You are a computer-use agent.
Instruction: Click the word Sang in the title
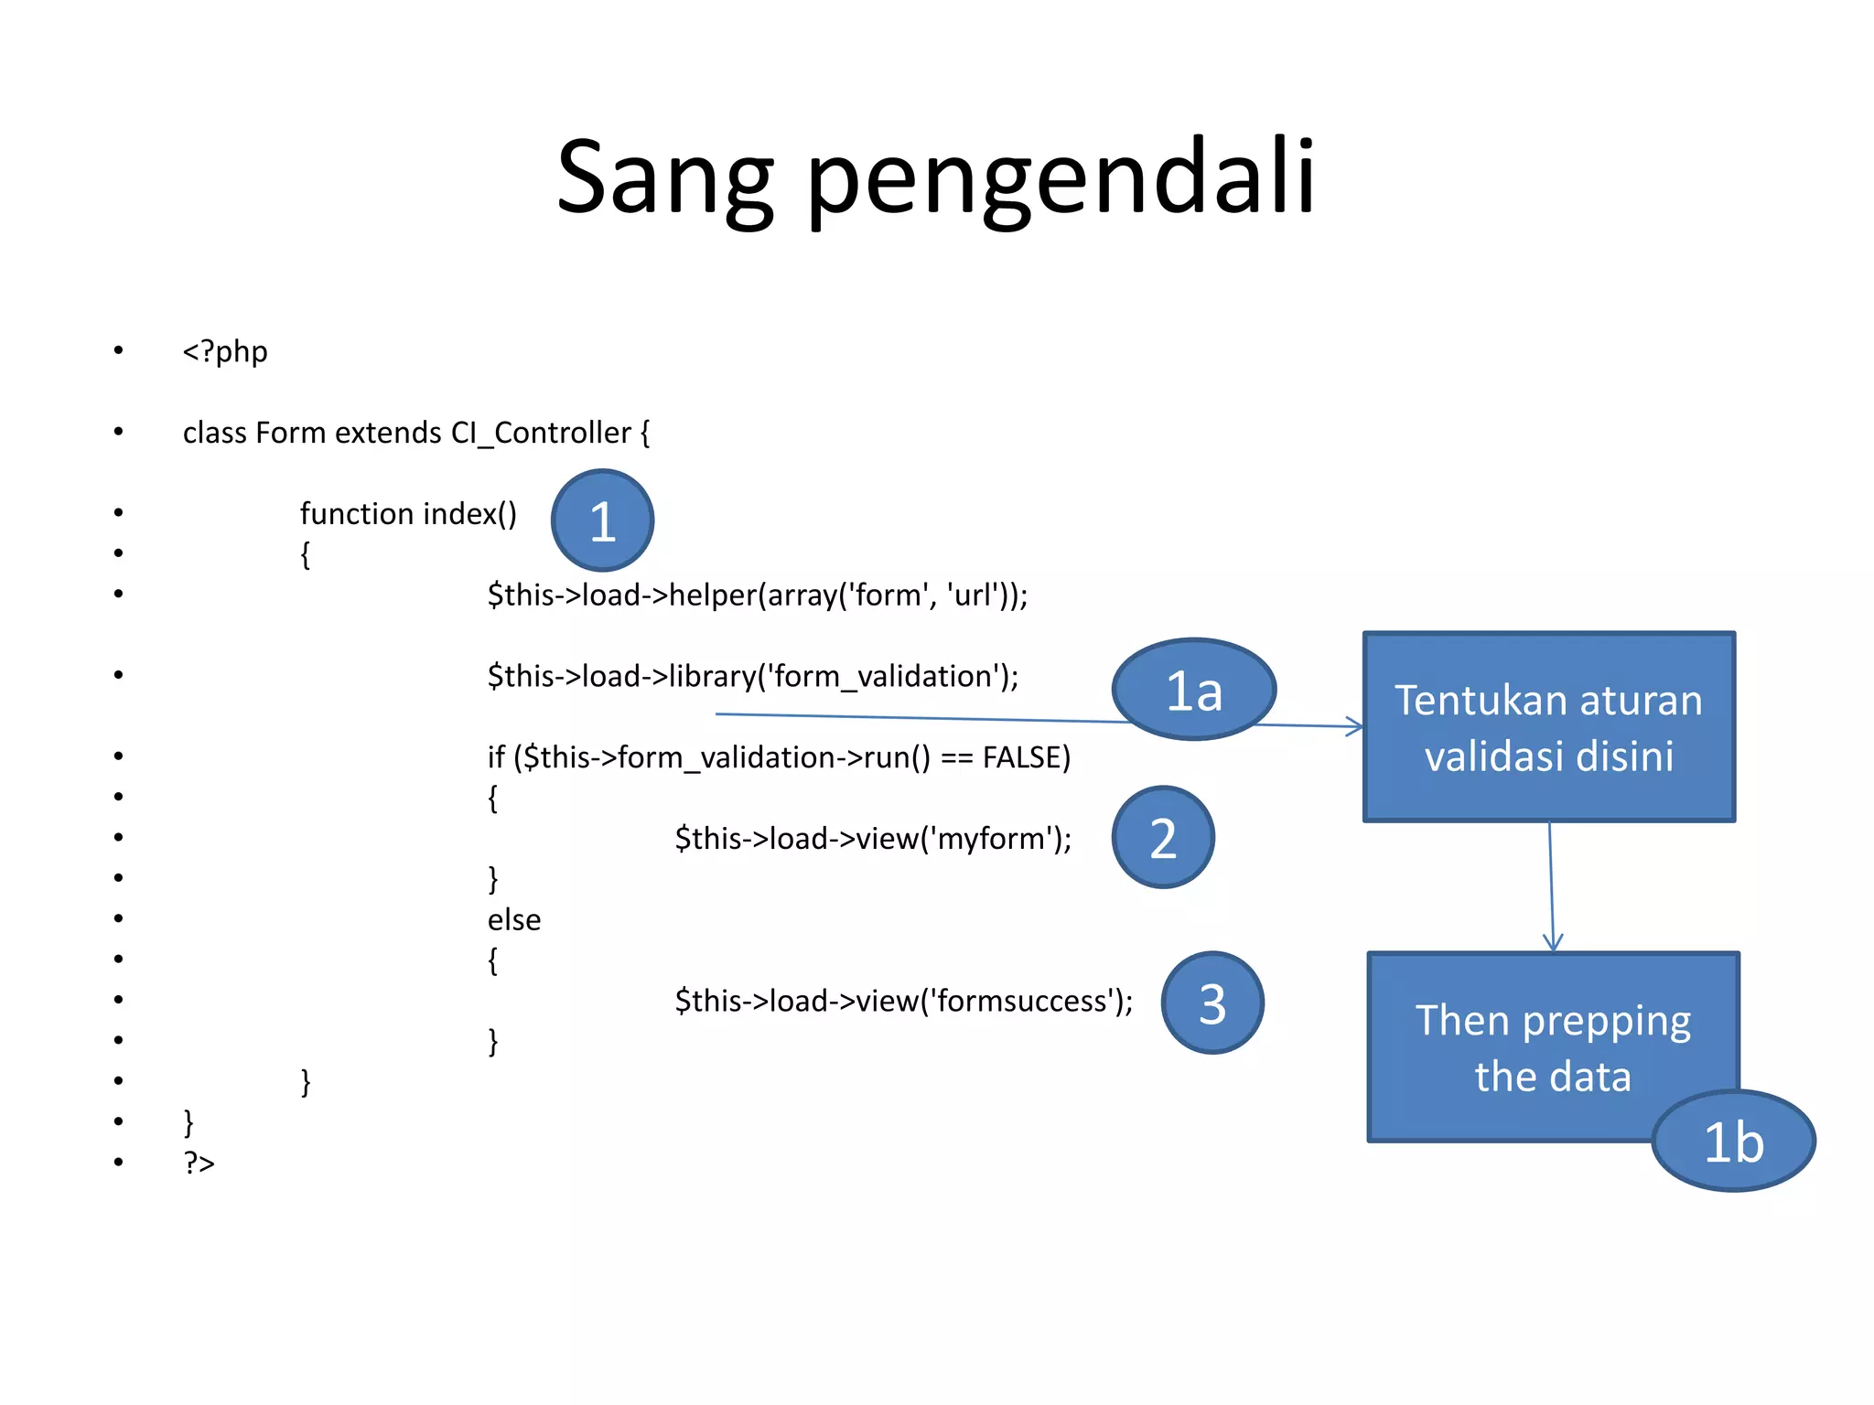(665, 178)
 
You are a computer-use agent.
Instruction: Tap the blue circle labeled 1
(602, 520)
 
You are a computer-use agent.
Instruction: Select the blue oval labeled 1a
(1193, 690)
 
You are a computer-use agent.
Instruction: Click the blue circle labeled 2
(1162, 837)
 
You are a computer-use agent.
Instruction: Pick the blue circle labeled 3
(1212, 1003)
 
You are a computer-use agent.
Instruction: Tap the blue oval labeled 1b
(1733, 1141)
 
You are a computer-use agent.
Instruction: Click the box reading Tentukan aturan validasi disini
(1548, 727)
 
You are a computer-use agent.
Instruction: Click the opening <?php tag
(225, 351)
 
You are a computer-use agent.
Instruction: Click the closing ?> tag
(199, 1163)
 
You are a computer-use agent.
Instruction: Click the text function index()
(408, 514)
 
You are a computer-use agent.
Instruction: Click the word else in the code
(513, 920)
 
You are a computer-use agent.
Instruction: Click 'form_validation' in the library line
(884, 677)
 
